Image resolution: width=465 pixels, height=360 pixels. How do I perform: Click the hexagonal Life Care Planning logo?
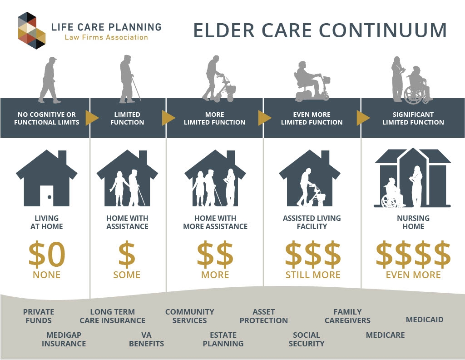(x=32, y=30)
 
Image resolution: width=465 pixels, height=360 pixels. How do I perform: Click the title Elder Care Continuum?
(x=320, y=30)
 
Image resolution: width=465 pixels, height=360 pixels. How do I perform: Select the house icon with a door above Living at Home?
(x=47, y=178)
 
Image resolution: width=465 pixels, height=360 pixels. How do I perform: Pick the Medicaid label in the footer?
(x=425, y=320)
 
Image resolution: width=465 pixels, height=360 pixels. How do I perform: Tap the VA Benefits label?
(x=146, y=339)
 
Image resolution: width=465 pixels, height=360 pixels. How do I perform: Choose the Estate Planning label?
(x=223, y=339)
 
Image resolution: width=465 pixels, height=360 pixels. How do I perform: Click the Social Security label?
(x=307, y=339)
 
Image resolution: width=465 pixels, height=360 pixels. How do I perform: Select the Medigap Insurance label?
(x=64, y=339)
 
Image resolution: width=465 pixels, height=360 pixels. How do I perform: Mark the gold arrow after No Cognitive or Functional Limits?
(x=92, y=118)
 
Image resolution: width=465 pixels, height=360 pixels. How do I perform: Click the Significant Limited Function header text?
(x=413, y=118)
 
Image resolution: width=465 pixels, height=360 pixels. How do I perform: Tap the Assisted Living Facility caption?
(x=312, y=222)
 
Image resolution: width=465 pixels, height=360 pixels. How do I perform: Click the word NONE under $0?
(x=47, y=275)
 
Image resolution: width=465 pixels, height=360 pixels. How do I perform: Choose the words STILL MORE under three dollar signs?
(x=313, y=275)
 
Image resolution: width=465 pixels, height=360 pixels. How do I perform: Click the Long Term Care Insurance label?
(x=113, y=316)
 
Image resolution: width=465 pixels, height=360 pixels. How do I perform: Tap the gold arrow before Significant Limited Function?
(x=363, y=118)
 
